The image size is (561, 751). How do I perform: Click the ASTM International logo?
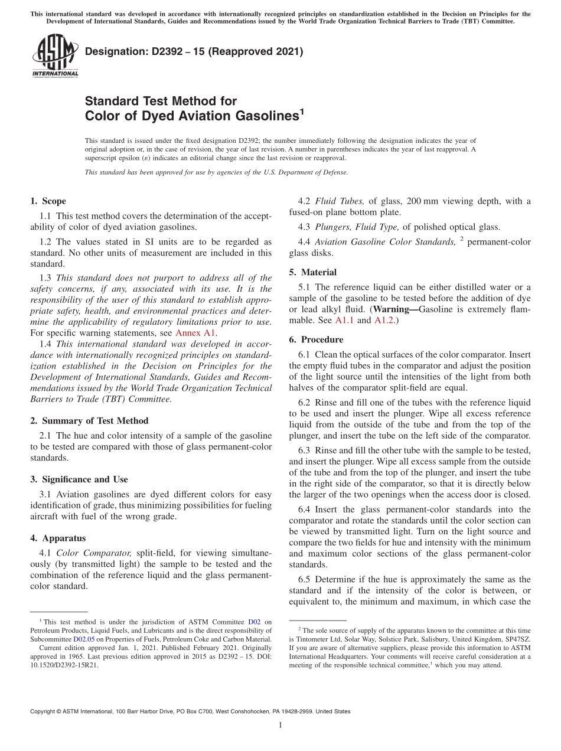[x=54, y=55]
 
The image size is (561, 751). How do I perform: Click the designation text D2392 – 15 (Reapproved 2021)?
[x=194, y=52]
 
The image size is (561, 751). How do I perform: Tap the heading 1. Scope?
[x=48, y=201]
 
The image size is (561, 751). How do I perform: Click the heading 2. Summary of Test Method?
[x=89, y=421]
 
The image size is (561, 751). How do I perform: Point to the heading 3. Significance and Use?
[x=79, y=479]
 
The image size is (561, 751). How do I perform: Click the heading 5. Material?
[x=313, y=272]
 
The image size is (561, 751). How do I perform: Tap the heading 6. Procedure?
[x=316, y=339]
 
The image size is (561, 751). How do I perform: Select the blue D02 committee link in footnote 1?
[x=254, y=622]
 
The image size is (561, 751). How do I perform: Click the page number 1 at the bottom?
[x=280, y=726]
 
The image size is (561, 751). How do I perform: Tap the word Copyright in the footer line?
[x=45, y=711]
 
